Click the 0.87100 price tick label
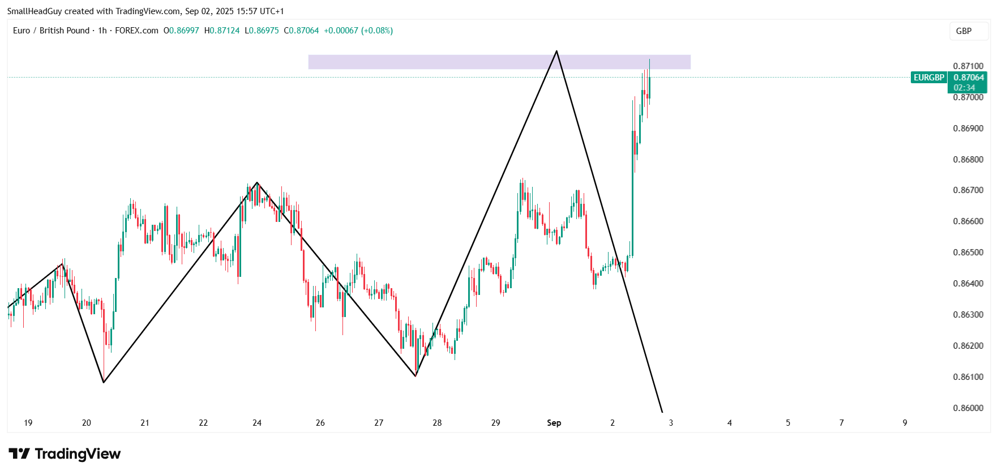[968, 66]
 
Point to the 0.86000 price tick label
[968, 408]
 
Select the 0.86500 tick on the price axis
[968, 253]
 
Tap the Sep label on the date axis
[554, 423]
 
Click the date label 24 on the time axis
[257, 423]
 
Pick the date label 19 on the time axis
[28, 423]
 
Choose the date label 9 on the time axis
[905, 423]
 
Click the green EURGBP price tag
[929, 78]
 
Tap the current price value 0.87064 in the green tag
[969, 78]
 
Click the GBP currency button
[963, 31]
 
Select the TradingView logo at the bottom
[65, 454]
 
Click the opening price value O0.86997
[181, 31]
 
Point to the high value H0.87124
[222, 31]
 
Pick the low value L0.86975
[262, 31]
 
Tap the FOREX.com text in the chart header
[136, 31]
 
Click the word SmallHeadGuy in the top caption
[35, 11]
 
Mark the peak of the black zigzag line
[556, 52]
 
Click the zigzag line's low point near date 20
[104, 382]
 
